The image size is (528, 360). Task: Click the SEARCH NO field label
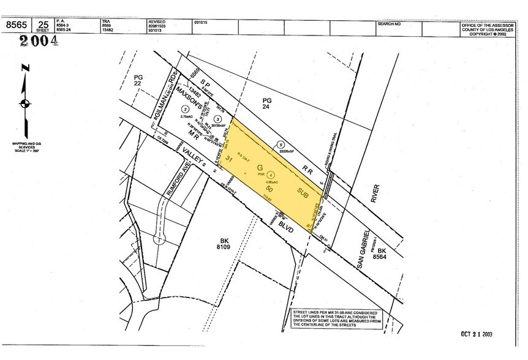click(x=389, y=23)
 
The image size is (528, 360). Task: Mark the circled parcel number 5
click(x=281, y=144)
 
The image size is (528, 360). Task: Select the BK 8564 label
click(x=382, y=255)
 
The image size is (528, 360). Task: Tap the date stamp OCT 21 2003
click(x=477, y=334)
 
